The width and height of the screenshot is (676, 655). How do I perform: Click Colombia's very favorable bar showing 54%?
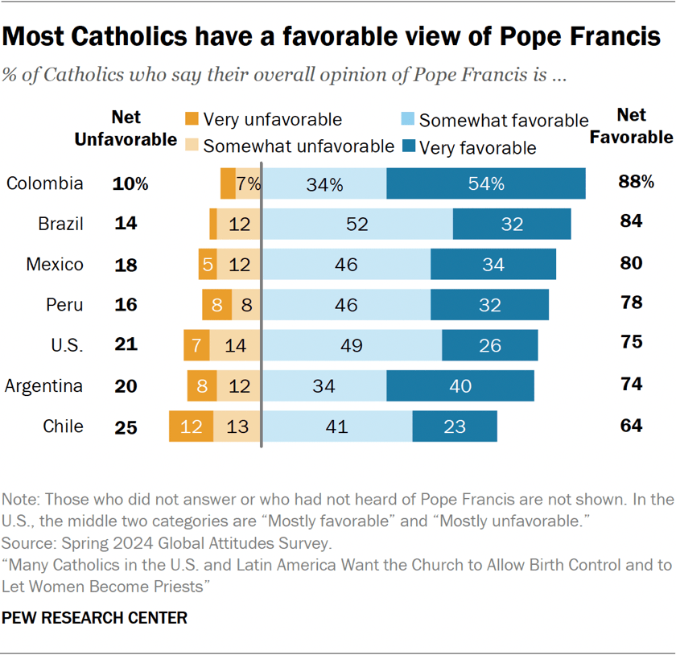(485, 183)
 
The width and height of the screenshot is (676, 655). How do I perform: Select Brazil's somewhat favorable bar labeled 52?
(357, 224)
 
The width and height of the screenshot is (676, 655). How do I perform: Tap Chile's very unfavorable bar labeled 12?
(191, 426)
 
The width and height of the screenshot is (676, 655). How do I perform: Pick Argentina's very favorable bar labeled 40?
(460, 385)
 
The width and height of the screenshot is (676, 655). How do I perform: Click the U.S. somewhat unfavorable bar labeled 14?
(236, 345)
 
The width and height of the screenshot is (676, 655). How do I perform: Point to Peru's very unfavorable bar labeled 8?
(216, 305)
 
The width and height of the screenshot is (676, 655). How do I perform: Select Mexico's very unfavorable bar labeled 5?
(208, 265)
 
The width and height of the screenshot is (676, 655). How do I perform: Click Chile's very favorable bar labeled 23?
(455, 426)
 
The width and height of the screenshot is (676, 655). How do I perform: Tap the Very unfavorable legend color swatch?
(191, 120)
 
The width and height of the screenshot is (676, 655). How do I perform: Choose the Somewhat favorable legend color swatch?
(407, 120)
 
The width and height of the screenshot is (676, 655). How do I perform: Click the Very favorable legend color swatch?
(407, 146)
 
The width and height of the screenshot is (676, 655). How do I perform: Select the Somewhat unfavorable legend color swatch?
(191, 146)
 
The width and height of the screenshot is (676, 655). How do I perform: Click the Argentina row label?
(43, 385)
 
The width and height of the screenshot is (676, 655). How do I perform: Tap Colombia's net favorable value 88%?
(636, 182)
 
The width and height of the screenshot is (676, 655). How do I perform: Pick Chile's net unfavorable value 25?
(126, 426)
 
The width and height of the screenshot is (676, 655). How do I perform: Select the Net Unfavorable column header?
(126, 128)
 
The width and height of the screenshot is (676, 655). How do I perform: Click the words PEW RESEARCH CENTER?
(95, 618)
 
